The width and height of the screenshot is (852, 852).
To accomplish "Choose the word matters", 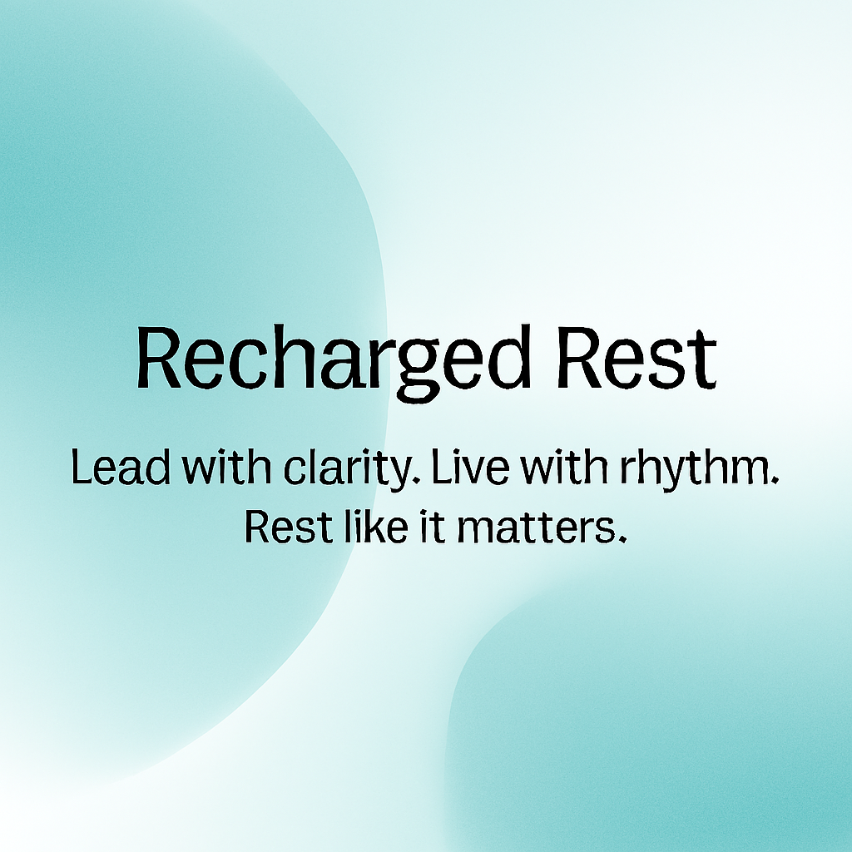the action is pos(535,528).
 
